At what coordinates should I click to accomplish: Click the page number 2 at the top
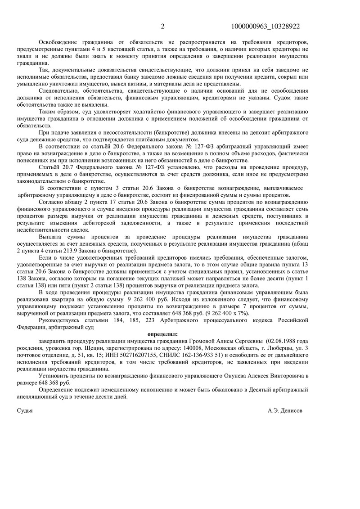coord(163,27)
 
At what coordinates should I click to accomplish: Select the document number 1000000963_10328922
coord(265,27)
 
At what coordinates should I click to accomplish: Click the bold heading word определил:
coord(163,334)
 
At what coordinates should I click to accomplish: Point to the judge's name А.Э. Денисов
coord(285,411)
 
